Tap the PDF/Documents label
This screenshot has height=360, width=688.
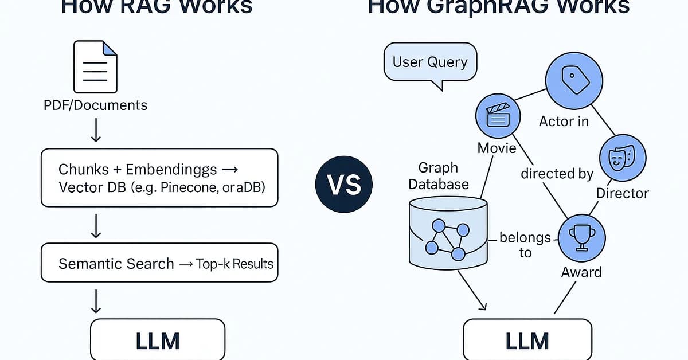coord(96,105)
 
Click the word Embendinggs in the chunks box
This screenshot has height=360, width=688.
coord(171,169)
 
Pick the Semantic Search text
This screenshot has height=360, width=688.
coord(116,264)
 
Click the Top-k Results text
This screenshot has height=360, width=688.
coord(234,264)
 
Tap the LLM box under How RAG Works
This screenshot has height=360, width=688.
coord(158,341)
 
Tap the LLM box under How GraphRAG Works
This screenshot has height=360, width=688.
coord(527,341)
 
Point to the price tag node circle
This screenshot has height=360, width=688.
coord(573,79)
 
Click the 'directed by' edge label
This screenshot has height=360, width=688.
coord(557,173)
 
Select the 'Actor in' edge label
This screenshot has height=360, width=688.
coord(564,121)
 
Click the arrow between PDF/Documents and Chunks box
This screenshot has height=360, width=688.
coord(96,130)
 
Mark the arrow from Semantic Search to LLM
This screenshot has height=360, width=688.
coord(96,300)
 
